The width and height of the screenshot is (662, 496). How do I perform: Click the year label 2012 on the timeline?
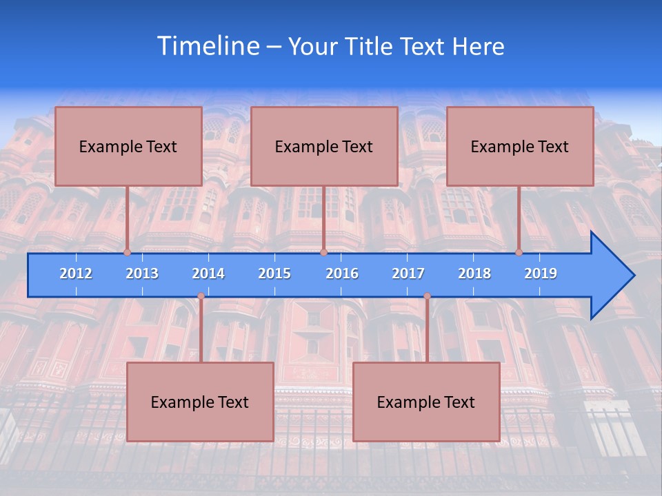point(76,273)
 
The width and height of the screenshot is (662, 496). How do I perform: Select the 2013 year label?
point(142,273)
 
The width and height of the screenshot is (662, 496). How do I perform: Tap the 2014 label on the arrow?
point(208,273)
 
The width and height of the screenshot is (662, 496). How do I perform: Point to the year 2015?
point(274,273)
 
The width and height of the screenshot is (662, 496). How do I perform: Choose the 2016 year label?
point(342,273)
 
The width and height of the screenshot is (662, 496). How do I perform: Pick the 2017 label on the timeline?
point(408,273)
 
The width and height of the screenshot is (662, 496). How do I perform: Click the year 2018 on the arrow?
point(474,273)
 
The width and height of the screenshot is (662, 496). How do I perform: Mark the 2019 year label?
point(541,273)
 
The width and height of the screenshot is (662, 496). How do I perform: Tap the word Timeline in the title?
point(208,46)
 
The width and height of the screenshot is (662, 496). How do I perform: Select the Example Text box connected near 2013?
point(128,147)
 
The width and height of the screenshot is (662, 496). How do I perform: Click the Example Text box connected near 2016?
point(324,147)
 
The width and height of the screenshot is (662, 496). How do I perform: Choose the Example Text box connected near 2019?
point(520,147)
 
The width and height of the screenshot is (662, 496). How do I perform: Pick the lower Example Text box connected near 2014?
point(200,402)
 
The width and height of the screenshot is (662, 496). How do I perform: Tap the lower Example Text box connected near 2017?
point(426,402)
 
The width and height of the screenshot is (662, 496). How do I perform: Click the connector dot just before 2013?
point(128,252)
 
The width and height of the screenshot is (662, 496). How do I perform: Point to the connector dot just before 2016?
point(323,252)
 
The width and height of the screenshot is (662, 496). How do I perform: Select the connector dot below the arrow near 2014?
point(201,296)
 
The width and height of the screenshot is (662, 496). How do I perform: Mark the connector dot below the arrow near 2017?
point(427,296)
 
